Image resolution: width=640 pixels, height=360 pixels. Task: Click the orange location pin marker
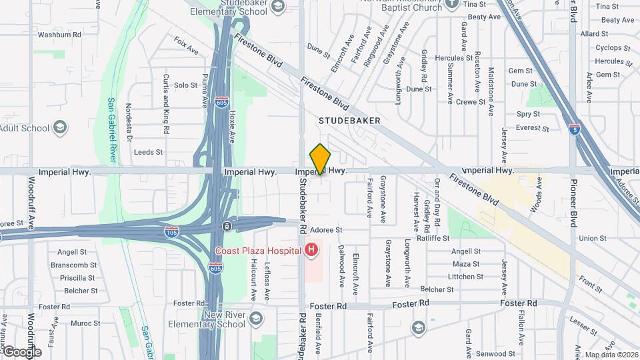[321, 160]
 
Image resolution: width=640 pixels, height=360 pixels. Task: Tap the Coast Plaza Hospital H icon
[310, 251]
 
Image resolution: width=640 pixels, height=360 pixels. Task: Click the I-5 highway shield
[574, 128]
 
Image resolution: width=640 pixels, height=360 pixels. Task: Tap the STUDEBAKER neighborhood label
[349, 121]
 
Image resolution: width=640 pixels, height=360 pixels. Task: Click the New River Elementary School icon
[256, 319]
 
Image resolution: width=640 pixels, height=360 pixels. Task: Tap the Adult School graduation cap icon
[61, 127]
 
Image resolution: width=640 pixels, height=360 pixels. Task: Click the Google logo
[21, 352]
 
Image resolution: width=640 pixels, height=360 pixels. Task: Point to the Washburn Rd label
[59, 34]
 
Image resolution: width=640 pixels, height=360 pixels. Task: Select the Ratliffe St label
[433, 238]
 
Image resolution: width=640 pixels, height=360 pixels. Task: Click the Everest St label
[532, 128]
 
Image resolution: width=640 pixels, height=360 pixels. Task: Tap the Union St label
[593, 238]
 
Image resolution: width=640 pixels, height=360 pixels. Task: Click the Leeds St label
[148, 152]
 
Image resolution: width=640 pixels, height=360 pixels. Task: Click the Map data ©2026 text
[611, 355]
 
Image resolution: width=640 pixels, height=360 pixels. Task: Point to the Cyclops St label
[609, 48]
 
